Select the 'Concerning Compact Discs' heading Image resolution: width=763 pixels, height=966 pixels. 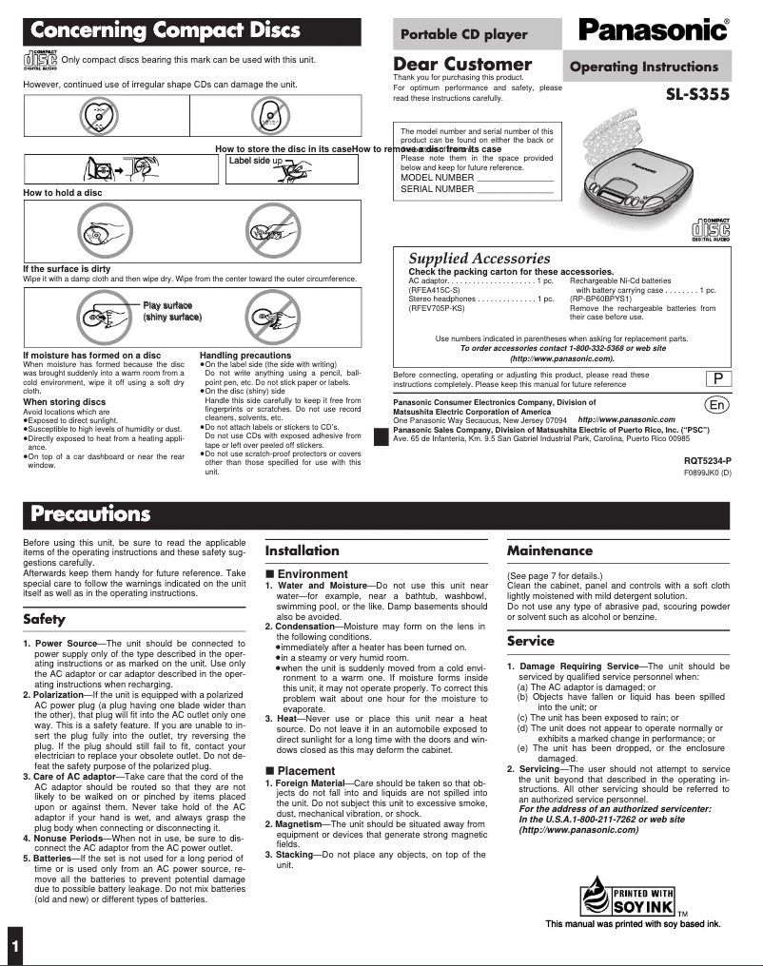[x=166, y=31]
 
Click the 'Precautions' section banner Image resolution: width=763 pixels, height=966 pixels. [x=90, y=514]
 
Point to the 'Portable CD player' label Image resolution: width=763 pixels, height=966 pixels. [x=463, y=34]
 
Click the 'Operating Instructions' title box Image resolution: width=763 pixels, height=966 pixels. [x=644, y=67]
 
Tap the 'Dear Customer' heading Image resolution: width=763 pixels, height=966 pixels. [x=462, y=65]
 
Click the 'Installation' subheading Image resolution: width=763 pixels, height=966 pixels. [x=302, y=550]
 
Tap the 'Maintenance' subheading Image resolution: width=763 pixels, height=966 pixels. [x=549, y=550]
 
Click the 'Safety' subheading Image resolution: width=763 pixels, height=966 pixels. [x=44, y=619]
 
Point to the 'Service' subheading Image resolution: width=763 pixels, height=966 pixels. [x=530, y=641]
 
